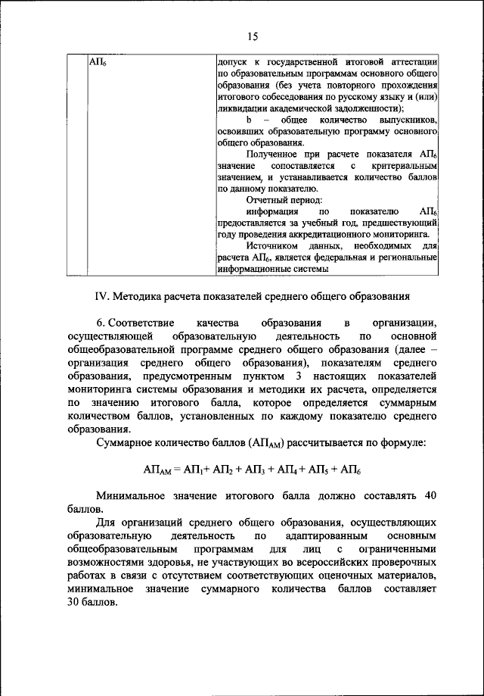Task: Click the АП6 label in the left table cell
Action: pyautogui.click(x=97, y=60)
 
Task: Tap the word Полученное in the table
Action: pyautogui.click(x=274, y=154)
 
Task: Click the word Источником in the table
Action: pyautogui.click(x=273, y=246)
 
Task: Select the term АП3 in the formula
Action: pyautogui.click(x=253, y=470)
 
